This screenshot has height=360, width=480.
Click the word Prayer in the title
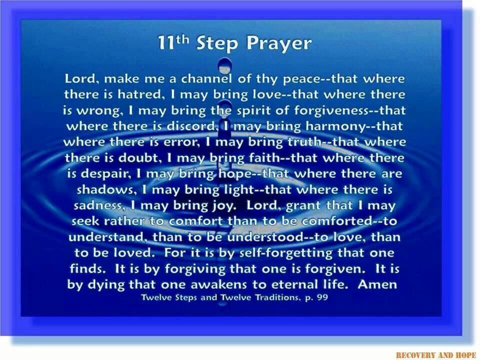click(279, 43)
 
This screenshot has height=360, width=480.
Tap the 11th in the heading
click(172, 42)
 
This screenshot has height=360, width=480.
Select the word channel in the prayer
click(206, 78)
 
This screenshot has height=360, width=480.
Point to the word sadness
click(99, 205)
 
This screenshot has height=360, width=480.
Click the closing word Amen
click(377, 284)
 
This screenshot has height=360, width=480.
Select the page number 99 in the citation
click(322, 297)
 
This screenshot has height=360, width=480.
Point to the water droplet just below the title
click(224, 65)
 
